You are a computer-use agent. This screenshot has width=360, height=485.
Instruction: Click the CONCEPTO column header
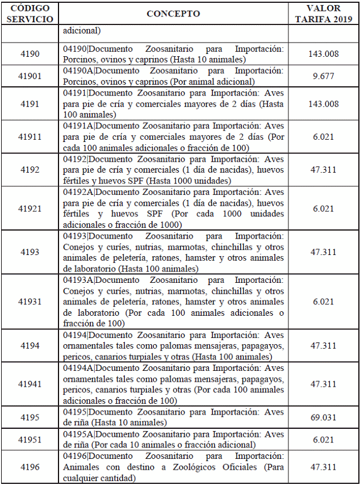click(173, 14)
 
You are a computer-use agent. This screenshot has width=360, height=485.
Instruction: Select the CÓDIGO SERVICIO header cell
click(30, 14)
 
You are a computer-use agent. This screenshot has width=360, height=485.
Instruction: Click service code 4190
click(30, 55)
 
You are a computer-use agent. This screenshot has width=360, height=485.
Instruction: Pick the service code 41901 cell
click(30, 76)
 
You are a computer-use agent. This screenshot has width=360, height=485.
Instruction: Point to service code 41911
click(30, 137)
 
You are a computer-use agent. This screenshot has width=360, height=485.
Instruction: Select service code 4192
click(30, 169)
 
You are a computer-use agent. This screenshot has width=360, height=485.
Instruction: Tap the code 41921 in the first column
click(30, 208)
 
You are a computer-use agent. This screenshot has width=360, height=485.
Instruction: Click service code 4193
click(30, 252)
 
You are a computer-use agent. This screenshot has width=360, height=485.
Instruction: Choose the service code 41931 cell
click(30, 302)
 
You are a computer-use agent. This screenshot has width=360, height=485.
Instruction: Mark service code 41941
click(30, 384)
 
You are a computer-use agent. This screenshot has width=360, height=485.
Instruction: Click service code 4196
click(30, 467)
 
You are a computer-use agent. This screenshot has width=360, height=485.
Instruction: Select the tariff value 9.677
click(323, 76)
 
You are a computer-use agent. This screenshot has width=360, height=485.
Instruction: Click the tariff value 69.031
click(323, 417)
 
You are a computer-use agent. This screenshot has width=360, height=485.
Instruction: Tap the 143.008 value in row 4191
click(323, 104)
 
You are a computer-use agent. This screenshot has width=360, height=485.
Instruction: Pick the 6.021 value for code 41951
click(323, 440)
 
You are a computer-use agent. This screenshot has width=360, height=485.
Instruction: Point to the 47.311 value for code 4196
click(323, 467)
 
